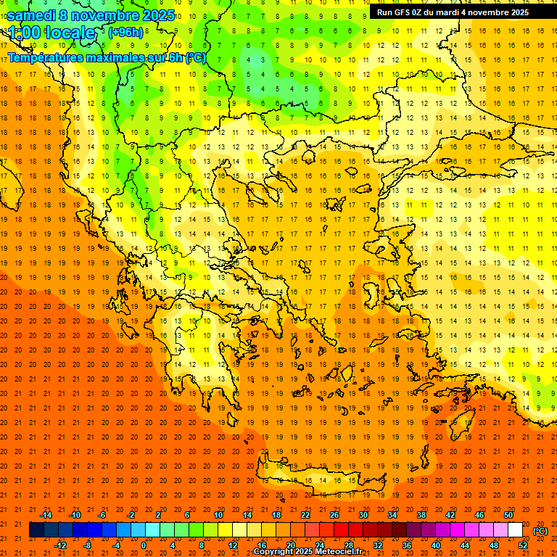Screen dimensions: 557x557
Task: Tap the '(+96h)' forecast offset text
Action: tap(126, 33)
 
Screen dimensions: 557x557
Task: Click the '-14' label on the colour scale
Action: tap(46, 515)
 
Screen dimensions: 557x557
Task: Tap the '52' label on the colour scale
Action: tap(524, 545)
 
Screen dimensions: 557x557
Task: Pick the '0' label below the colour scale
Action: tap(144, 545)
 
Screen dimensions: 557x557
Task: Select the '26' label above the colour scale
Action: tap(334, 515)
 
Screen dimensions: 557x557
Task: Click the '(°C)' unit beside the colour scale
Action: tap(540, 531)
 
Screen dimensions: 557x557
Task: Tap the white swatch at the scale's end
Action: tap(516, 530)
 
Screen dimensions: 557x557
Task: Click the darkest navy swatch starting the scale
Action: tap(36, 530)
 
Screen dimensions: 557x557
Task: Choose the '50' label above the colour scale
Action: tap(508, 515)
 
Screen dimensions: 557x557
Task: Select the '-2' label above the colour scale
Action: tap(131, 515)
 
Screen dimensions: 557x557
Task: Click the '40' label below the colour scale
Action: tap(437, 545)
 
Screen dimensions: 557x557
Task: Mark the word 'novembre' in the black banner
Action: tap(487, 12)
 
